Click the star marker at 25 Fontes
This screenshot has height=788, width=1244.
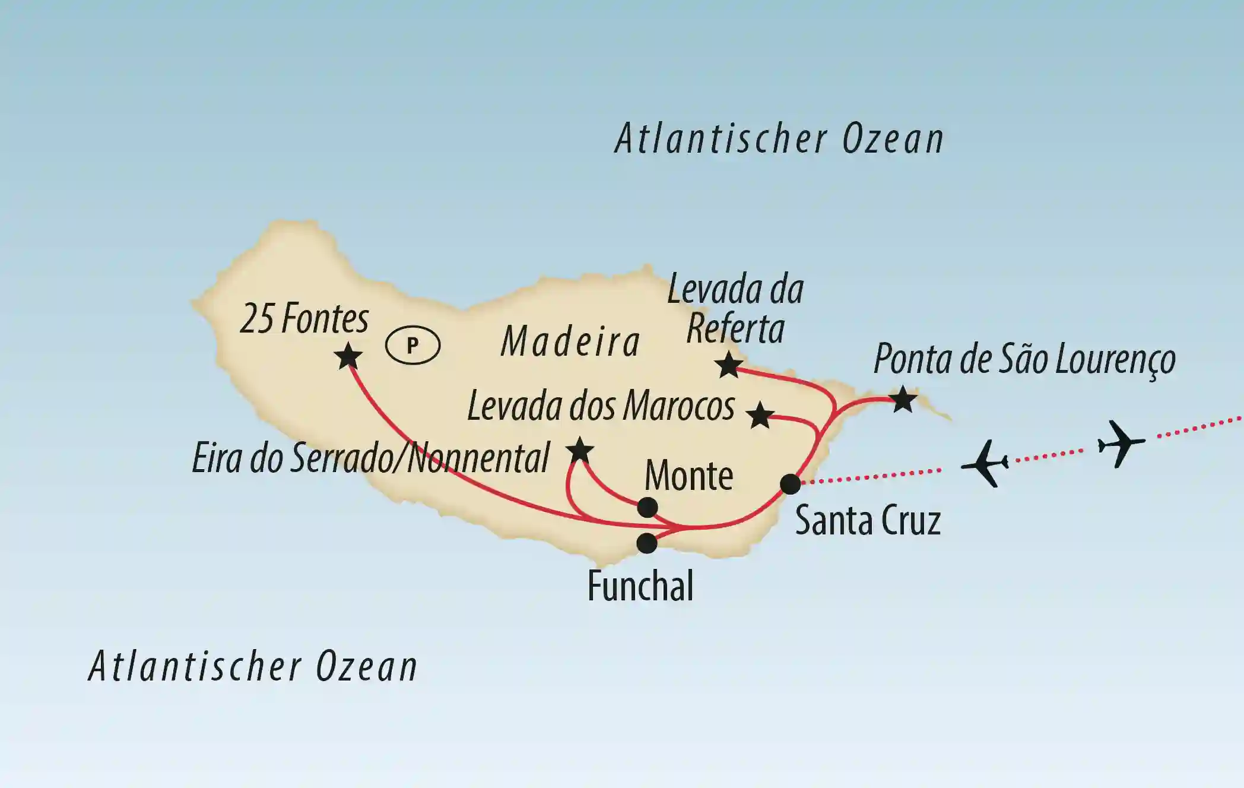(x=348, y=357)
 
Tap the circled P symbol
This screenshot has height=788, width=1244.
(x=412, y=345)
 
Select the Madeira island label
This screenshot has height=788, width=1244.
(x=570, y=343)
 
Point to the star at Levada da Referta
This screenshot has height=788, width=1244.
(x=728, y=365)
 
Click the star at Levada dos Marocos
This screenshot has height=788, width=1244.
(x=760, y=415)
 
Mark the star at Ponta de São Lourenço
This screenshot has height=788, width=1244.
(x=903, y=399)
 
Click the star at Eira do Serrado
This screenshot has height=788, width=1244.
(x=580, y=451)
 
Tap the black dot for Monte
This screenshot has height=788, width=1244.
(x=647, y=507)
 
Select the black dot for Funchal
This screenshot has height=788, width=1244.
(x=647, y=543)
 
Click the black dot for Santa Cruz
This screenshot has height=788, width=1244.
(x=790, y=484)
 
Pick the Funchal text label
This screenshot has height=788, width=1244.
(x=640, y=586)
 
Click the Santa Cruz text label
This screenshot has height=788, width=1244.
(x=868, y=521)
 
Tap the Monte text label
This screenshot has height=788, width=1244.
(x=688, y=476)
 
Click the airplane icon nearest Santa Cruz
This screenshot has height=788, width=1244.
(x=985, y=463)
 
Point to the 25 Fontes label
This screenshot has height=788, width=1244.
(x=304, y=319)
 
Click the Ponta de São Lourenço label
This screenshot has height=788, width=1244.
(x=1024, y=359)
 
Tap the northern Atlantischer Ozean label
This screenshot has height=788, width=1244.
(x=779, y=140)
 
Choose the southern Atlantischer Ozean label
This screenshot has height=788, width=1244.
(x=253, y=666)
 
